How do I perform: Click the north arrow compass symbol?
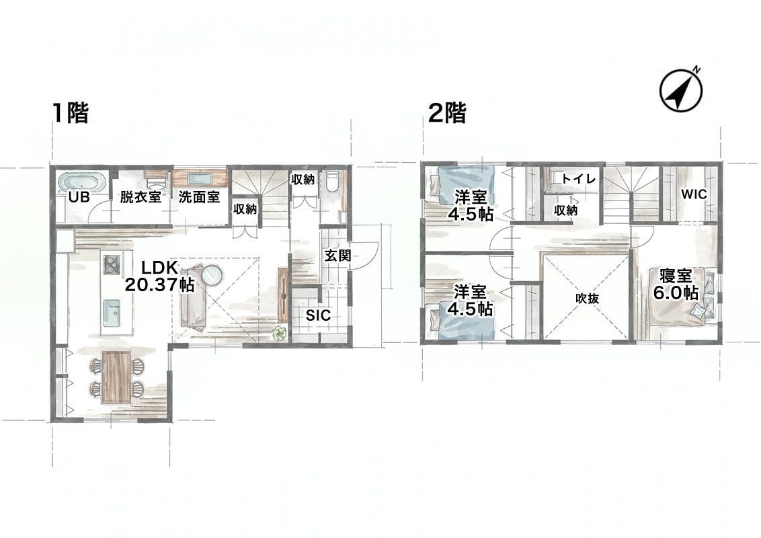point(680,90)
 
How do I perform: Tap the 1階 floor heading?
point(71,113)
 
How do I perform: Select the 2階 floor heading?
point(447,113)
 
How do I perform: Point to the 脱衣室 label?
point(141,197)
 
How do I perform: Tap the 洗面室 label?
point(199,197)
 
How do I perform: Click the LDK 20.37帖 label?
point(160,276)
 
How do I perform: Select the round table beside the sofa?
point(212,275)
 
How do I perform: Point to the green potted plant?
point(280,334)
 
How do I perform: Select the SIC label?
point(318,315)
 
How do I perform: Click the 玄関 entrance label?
point(337,256)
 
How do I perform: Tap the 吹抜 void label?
point(588,299)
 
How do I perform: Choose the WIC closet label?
point(694,194)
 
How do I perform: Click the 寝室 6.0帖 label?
point(676,284)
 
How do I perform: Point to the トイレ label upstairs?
point(579,179)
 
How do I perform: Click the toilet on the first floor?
point(333,181)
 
